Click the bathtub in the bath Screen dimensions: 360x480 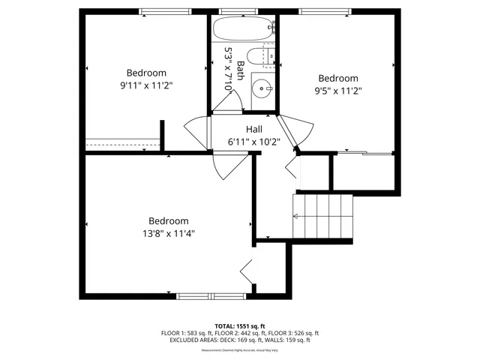pyautogui.click(x=242, y=30)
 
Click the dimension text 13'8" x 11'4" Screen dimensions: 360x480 pyautogui.click(x=168, y=233)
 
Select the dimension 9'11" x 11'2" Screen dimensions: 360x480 pyautogui.click(x=146, y=85)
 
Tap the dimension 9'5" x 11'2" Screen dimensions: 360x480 pyautogui.click(x=337, y=91)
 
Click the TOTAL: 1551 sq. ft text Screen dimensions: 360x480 pyautogui.click(x=239, y=326)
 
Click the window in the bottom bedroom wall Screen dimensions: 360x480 pyautogui.click(x=211, y=295)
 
